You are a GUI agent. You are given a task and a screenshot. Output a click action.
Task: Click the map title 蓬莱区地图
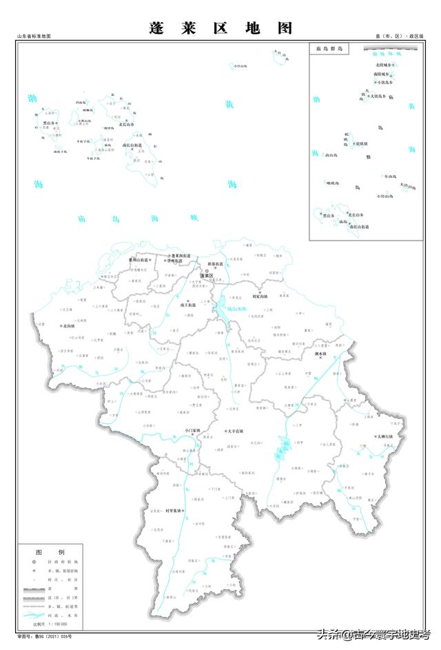(220, 28)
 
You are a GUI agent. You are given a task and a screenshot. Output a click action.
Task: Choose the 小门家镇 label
(193, 431)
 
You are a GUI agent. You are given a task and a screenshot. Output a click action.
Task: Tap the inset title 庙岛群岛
(329, 50)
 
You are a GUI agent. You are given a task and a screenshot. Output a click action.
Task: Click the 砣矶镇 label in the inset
(361, 144)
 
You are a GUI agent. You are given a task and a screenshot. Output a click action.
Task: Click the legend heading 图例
(50, 552)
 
